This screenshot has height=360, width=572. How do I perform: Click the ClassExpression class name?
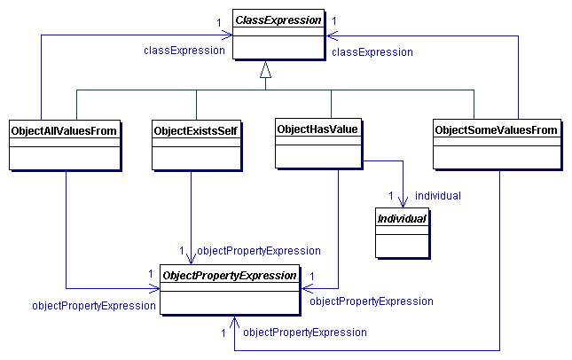pyautogui.click(x=278, y=20)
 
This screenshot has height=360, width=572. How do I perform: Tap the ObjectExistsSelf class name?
pyautogui.click(x=195, y=130)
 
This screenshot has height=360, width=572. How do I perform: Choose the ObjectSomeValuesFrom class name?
pyautogui.click(x=496, y=130)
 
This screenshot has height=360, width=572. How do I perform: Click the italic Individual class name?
pyautogui.click(x=401, y=218)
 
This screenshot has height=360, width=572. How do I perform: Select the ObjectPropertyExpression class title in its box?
pyautogui.click(x=229, y=276)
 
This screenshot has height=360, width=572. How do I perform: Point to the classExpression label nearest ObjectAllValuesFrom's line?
pyautogui.click(x=184, y=51)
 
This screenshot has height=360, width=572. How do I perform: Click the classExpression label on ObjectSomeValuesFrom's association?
pyautogui.click(x=372, y=52)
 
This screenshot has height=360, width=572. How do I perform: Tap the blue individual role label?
pyautogui.click(x=437, y=195)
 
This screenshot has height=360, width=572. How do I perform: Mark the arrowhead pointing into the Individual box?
pyautogui.click(x=404, y=202)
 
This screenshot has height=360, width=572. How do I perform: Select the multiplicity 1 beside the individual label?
pyautogui.click(x=390, y=195)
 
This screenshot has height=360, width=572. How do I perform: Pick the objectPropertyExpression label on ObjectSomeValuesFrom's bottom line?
pyautogui.click(x=304, y=333)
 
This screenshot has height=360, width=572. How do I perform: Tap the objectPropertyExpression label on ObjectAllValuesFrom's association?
pyautogui.click(x=94, y=305)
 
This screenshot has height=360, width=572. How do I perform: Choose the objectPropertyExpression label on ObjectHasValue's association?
pyautogui.click(x=371, y=301)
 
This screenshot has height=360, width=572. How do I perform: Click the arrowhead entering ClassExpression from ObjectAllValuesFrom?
pyautogui.click(x=228, y=35)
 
